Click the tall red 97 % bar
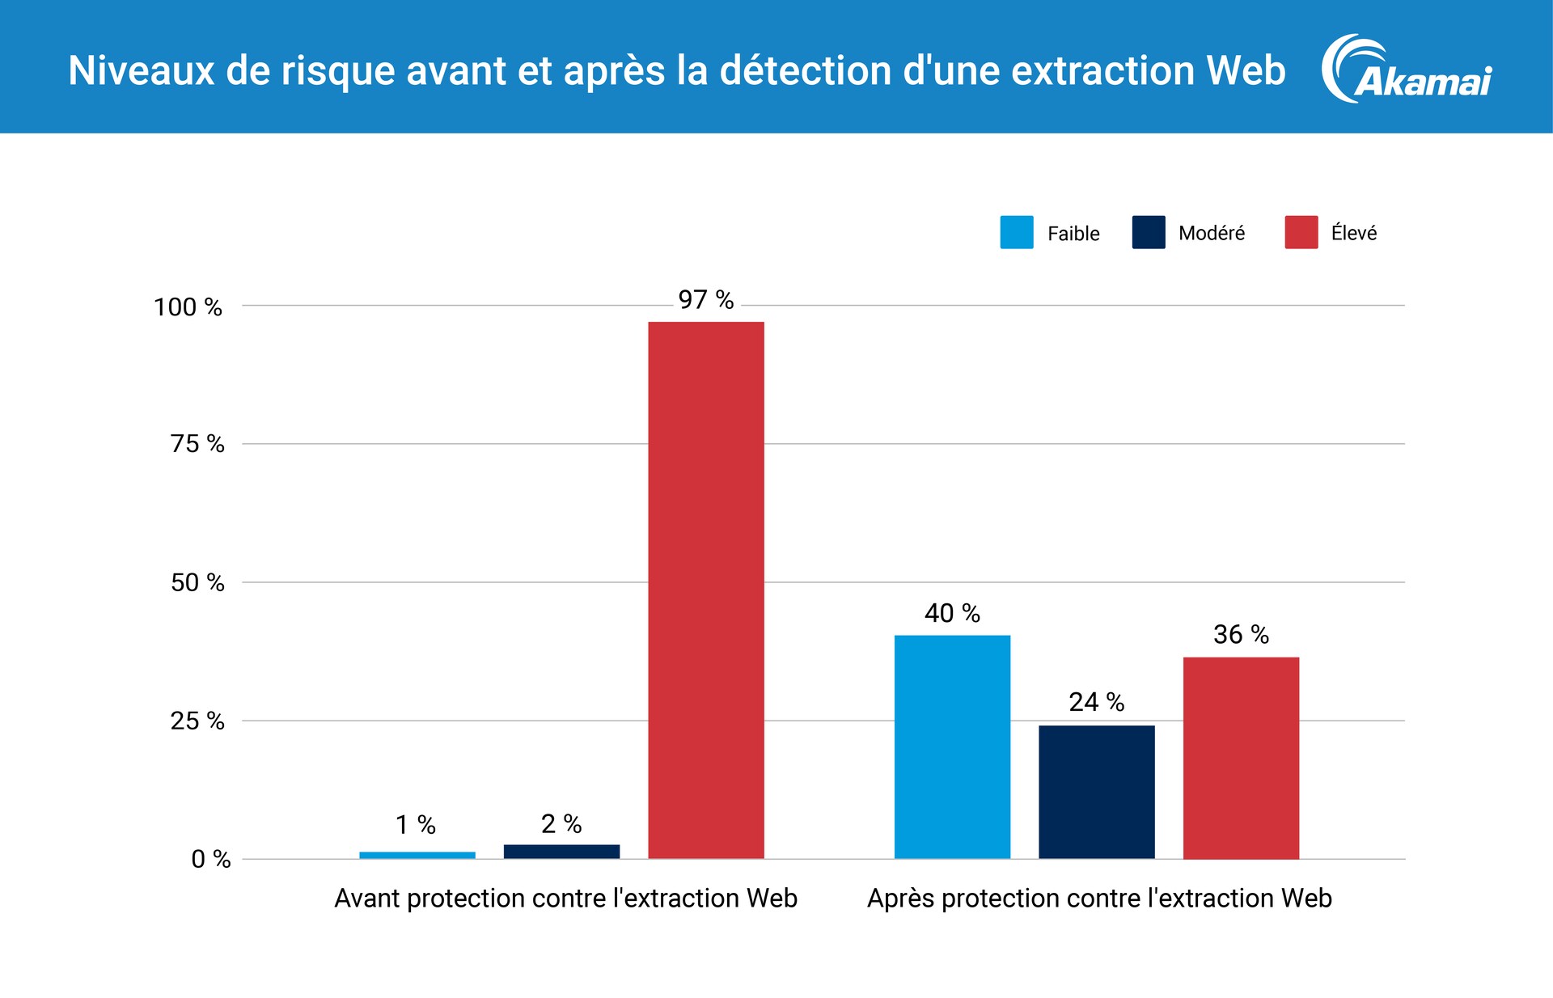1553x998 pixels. coord(705,590)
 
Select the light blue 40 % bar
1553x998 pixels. coord(952,746)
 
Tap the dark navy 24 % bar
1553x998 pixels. coord(1096,792)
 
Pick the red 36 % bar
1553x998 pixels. coord(1241,758)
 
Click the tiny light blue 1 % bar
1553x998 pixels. coord(417,855)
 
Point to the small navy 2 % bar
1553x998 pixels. coord(561,852)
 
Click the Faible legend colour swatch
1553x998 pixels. coord(1016,232)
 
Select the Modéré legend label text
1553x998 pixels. coord(1211,233)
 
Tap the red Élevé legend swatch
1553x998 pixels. coord(1301,232)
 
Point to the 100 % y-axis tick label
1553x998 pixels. coord(188,307)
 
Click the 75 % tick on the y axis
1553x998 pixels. coord(197,444)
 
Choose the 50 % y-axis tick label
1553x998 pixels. coord(197,582)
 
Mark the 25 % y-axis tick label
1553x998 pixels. coord(197,721)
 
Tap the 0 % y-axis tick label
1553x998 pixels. coord(210,859)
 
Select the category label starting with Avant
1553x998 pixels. coord(565,899)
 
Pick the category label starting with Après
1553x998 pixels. coord(1099,899)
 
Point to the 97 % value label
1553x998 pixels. coord(705,300)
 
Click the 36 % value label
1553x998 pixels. coord(1241,635)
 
